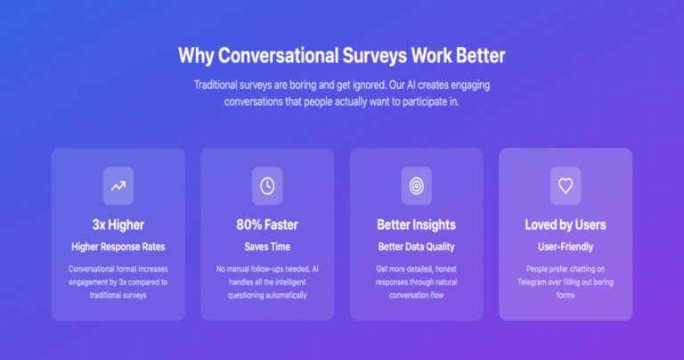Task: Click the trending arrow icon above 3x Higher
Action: click(118, 186)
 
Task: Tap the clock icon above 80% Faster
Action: click(267, 186)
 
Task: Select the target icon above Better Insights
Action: click(417, 186)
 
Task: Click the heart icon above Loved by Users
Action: click(566, 186)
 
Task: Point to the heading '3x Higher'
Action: click(118, 225)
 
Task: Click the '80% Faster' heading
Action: click(267, 225)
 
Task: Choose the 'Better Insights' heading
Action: click(417, 225)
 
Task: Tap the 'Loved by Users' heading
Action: click(566, 225)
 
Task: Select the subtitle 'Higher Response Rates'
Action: click(118, 247)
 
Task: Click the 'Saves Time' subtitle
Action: click(267, 247)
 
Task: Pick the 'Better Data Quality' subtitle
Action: click(417, 247)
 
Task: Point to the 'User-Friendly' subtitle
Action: click(566, 247)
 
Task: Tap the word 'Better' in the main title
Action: click(481, 55)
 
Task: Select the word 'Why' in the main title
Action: click(196, 56)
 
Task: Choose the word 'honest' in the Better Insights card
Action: click(445, 269)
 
